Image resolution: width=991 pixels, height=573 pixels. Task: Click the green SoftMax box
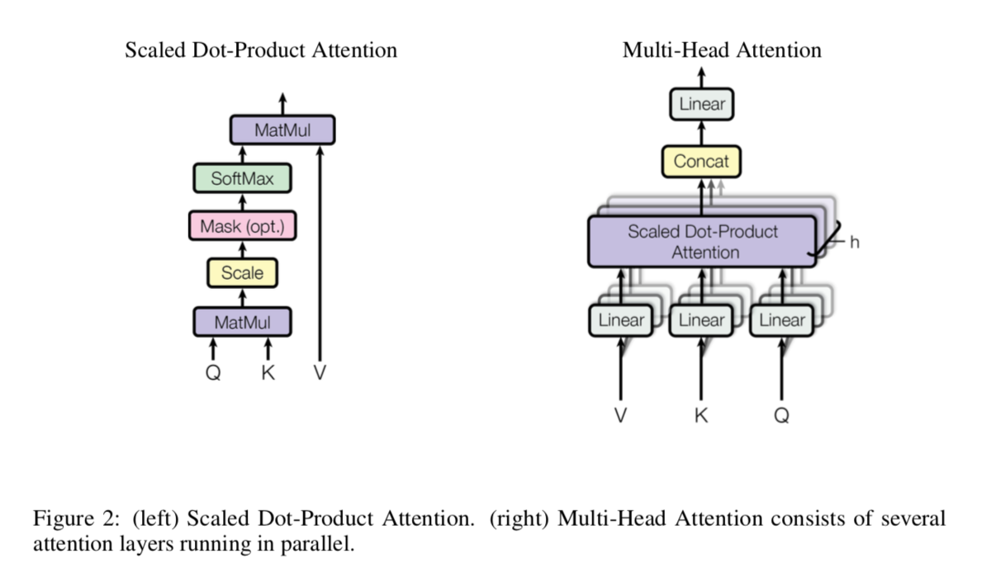[242, 178]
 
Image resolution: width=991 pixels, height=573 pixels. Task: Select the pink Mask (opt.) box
[243, 226]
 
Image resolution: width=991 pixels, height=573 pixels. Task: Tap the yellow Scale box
[243, 273]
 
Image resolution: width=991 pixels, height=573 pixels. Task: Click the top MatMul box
[282, 130]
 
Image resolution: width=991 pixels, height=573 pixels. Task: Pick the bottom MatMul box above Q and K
[243, 322]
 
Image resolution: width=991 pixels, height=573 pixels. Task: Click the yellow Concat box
[701, 162]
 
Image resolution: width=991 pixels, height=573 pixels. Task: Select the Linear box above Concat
[702, 104]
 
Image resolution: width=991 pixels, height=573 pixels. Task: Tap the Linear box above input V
[621, 320]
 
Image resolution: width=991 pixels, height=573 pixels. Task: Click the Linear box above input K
[701, 320]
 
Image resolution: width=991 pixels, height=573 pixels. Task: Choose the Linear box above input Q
[782, 320]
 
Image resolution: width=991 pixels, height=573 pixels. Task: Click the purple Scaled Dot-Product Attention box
[702, 242]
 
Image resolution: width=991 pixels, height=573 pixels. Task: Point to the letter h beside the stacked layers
[855, 243]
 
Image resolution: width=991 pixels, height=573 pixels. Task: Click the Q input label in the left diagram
[213, 372]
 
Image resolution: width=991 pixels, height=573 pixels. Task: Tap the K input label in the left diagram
[268, 372]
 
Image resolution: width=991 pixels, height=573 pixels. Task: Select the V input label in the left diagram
[320, 372]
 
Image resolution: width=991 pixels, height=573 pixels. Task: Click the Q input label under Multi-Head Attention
[782, 415]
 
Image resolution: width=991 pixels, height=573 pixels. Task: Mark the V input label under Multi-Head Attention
[621, 415]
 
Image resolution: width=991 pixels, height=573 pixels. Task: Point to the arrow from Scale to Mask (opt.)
[243, 249]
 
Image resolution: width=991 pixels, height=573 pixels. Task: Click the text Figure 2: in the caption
[77, 519]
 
